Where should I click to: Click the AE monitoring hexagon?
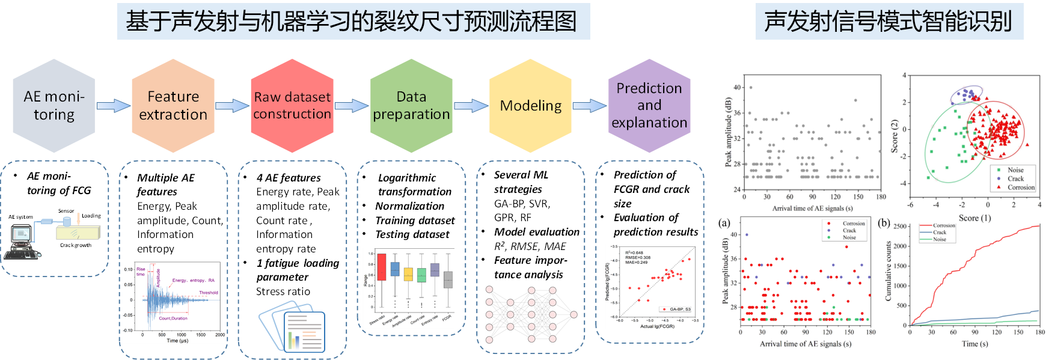(54, 106)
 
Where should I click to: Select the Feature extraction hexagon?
(173, 106)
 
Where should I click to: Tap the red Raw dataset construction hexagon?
(292, 106)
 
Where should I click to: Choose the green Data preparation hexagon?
(411, 106)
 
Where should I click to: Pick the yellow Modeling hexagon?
(531, 106)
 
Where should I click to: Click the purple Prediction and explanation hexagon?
(649, 106)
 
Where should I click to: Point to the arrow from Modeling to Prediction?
(590, 106)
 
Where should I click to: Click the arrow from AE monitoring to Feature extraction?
(113, 106)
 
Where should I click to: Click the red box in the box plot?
(381, 267)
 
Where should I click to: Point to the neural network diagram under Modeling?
(531, 314)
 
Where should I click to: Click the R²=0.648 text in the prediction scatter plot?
(634, 253)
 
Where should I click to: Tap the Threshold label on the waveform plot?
(209, 293)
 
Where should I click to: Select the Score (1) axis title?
(974, 218)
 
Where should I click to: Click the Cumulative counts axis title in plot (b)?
(888, 271)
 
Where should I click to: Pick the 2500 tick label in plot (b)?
(899, 227)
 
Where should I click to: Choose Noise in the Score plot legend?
(1015, 170)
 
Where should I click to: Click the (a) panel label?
(724, 223)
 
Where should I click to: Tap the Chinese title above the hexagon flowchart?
(353, 22)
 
